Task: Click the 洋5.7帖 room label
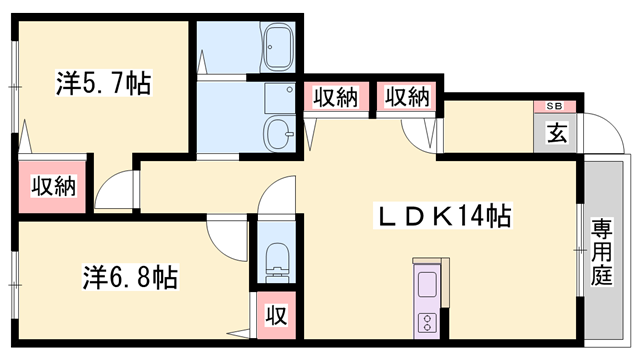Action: [103, 84]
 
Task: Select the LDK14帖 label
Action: [444, 215]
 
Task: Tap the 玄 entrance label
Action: [556, 130]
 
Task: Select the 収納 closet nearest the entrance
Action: [406, 97]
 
